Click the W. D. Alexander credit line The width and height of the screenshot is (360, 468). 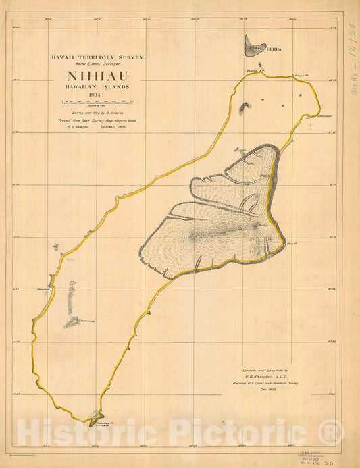[x=268, y=375]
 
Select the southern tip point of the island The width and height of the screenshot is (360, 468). [x=95, y=417]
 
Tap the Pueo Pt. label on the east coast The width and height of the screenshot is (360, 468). [x=292, y=244]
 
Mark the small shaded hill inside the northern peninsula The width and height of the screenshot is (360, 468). [x=244, y=106]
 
